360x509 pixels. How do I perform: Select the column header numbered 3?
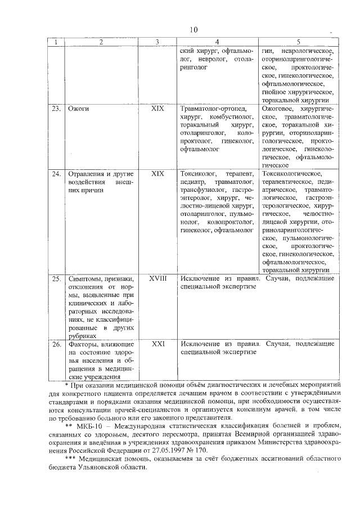(157, 42)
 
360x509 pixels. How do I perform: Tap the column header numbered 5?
(298, 42)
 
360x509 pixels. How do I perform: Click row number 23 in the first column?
(55, 108)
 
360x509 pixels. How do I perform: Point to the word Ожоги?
(78, 108)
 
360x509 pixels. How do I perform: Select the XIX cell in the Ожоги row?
(157, 108)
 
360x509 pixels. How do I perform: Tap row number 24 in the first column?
(55, 174)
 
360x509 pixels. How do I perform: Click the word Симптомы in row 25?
(86, 278)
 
